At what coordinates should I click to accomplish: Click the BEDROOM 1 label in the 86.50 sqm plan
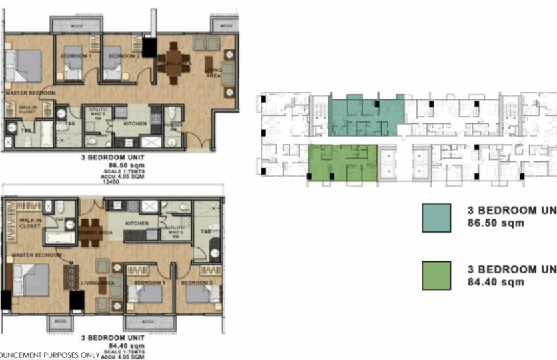[x=75, y=57]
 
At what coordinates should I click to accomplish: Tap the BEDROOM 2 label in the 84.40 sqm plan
[x=198, y=283]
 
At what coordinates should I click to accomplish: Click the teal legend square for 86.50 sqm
[x=437, y=217]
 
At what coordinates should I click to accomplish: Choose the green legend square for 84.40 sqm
[x=437, y=275]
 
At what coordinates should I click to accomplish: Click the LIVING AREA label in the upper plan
[x=213, y=73]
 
